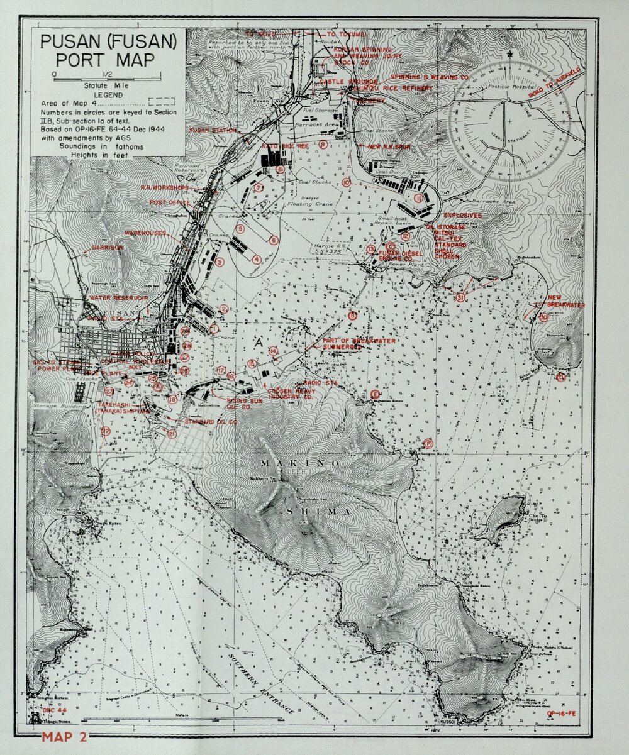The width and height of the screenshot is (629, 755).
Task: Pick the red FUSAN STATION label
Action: [x=213, y=131]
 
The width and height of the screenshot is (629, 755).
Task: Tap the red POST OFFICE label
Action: [x=170, y=202]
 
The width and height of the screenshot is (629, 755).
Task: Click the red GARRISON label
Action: [x=107, y=248]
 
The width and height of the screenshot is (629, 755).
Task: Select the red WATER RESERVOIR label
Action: [x=118, y=297]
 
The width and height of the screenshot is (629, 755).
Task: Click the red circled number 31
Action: [x=461, y=297]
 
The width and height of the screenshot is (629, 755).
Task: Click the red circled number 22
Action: [x=106, y=431]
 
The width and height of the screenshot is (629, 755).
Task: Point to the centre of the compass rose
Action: [x=509, y=121]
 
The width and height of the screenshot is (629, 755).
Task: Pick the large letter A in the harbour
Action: [x=257, y=343]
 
